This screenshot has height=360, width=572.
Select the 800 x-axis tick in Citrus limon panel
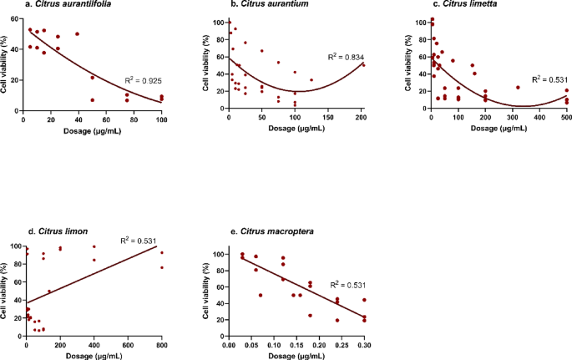[161, 345]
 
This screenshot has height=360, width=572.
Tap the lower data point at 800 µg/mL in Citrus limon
[162, 267]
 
